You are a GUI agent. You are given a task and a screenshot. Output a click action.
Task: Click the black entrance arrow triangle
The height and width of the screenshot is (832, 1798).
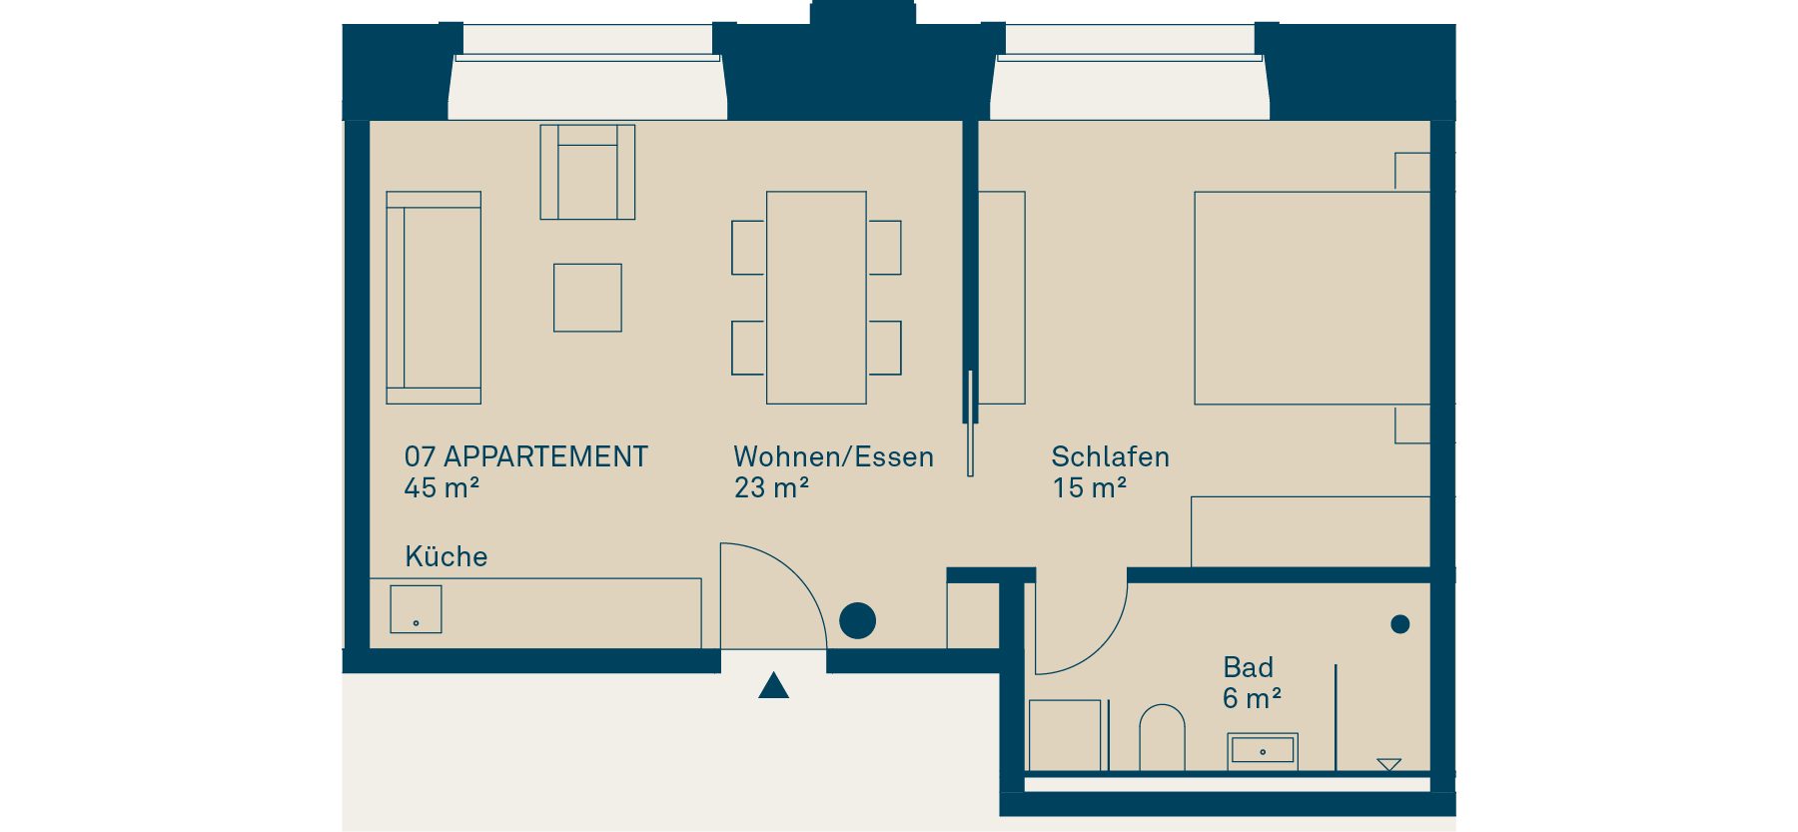tap(773, 686)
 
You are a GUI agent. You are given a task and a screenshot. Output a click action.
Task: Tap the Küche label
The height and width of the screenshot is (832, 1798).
tap(447, 556)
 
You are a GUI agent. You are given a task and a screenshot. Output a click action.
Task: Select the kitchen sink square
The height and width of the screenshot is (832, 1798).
tap(416, 609)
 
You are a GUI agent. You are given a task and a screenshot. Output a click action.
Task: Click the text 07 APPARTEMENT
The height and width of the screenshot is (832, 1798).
tap(526, 456)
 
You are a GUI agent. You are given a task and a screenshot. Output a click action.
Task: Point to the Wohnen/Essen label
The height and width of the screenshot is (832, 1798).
tap(834, 456)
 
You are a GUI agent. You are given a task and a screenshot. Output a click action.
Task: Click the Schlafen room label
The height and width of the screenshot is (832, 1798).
tap(1111, 456)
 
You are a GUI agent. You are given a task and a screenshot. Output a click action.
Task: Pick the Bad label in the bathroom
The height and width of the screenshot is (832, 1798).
tap(1249, 667)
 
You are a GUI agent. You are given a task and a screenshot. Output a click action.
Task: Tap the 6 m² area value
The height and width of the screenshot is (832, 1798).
tap(1252, 698)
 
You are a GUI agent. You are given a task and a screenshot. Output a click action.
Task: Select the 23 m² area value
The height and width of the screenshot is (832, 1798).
tap(771, 487)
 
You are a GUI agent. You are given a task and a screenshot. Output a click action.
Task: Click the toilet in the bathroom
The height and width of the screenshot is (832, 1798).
tap(1162, 738)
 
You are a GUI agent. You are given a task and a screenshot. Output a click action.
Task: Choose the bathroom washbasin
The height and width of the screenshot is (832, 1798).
tap(1263, 751)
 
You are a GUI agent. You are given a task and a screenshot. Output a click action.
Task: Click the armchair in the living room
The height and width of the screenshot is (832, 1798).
tap(587, 172)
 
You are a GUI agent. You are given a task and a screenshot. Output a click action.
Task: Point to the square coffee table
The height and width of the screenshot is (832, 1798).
tap(587, 298)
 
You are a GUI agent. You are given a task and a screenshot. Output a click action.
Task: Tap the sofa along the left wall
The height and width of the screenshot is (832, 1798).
tap(434, 298)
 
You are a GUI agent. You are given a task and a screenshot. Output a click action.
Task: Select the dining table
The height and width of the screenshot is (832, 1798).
tap(816, 298)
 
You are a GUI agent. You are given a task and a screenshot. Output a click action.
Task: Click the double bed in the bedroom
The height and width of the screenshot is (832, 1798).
tap(1313, 298)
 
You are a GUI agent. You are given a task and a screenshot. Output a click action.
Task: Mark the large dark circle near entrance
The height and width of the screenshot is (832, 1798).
tap(857, 621)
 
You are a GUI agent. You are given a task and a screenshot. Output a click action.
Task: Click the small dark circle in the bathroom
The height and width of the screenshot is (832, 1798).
tap(1400, 624)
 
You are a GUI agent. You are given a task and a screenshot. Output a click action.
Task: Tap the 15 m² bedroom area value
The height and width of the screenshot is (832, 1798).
tap(1090, 487)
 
